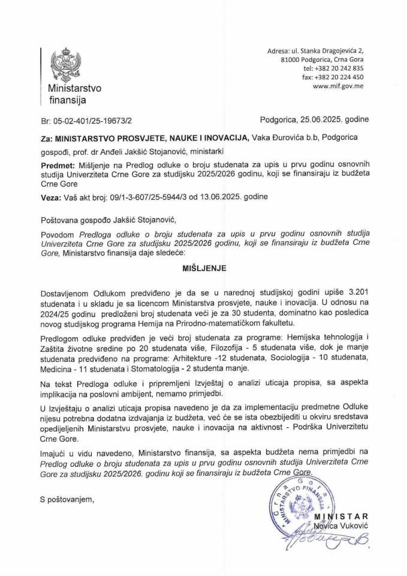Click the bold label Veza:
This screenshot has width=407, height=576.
pos(52,197)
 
